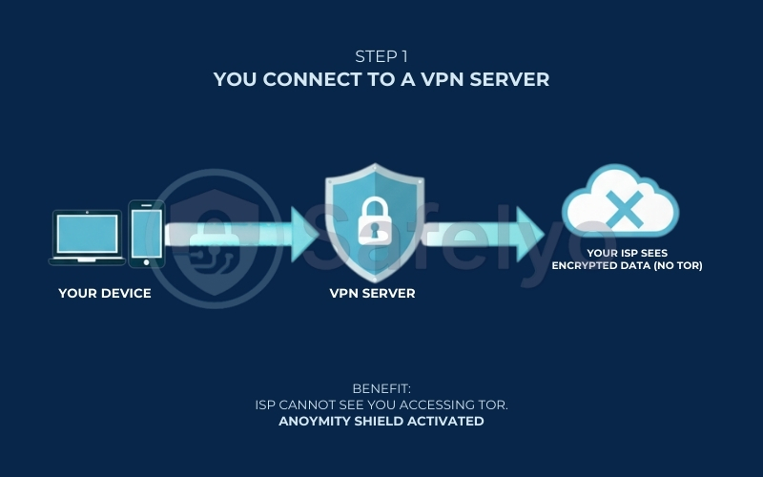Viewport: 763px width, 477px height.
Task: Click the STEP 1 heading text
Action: pos(381,56)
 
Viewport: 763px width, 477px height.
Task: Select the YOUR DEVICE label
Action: pos(104,294)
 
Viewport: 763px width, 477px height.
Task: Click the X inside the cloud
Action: pos(621,208)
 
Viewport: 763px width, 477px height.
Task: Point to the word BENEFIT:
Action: pos(381,390)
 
